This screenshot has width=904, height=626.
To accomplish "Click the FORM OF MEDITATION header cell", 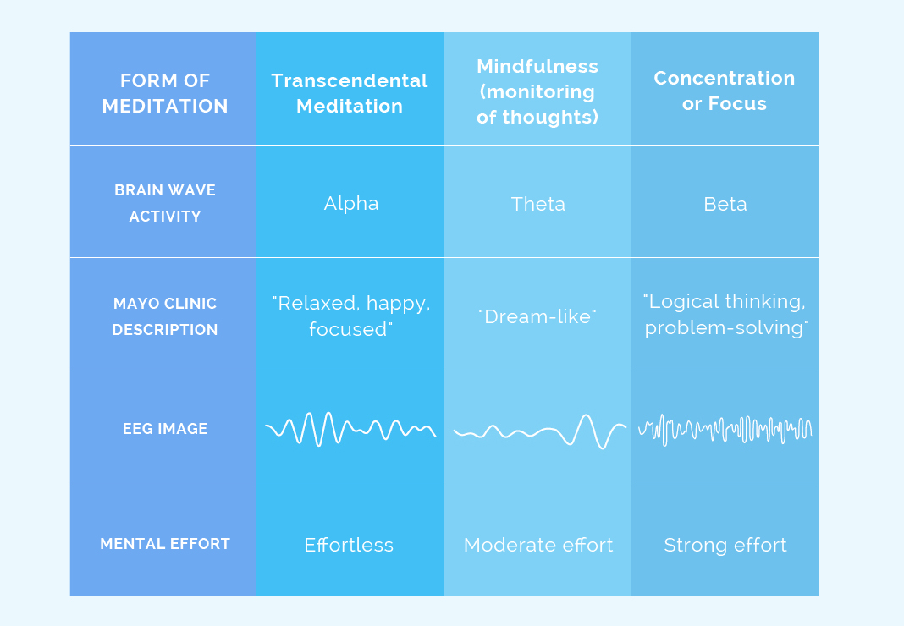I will click(164, 93).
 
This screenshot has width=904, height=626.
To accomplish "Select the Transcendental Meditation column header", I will click(350, 93).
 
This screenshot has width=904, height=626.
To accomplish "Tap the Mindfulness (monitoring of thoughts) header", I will click(537, 91).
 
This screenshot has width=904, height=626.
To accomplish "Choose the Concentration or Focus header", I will click(725, 91).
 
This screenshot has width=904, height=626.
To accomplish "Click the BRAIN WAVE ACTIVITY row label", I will click(164, 203).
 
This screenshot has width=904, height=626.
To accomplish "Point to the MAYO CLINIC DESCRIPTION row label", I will click(164, 316).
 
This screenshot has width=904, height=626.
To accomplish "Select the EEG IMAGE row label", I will click(164, 429).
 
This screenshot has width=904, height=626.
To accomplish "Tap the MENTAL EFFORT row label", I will click(164, 544).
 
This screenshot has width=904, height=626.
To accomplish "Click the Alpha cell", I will click(350, 203).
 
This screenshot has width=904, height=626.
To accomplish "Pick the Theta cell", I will click(537, 204).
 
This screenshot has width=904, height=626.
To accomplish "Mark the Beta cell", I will click(725, 204).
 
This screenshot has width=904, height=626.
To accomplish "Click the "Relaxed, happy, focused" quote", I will click(350, 316).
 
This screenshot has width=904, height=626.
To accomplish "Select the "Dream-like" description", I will click(537, 316).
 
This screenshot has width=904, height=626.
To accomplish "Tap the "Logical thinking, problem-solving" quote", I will click(725, 314).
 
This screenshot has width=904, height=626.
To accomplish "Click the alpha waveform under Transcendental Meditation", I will click(350, 428).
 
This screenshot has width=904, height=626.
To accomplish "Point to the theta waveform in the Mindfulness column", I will click(539, 431).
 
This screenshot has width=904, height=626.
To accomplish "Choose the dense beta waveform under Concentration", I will click(725, 429).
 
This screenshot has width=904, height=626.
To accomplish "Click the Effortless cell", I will click(349, 545).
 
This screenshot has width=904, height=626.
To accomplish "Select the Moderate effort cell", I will click(538, 545).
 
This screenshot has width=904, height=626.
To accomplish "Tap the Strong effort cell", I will click(725, 545).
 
